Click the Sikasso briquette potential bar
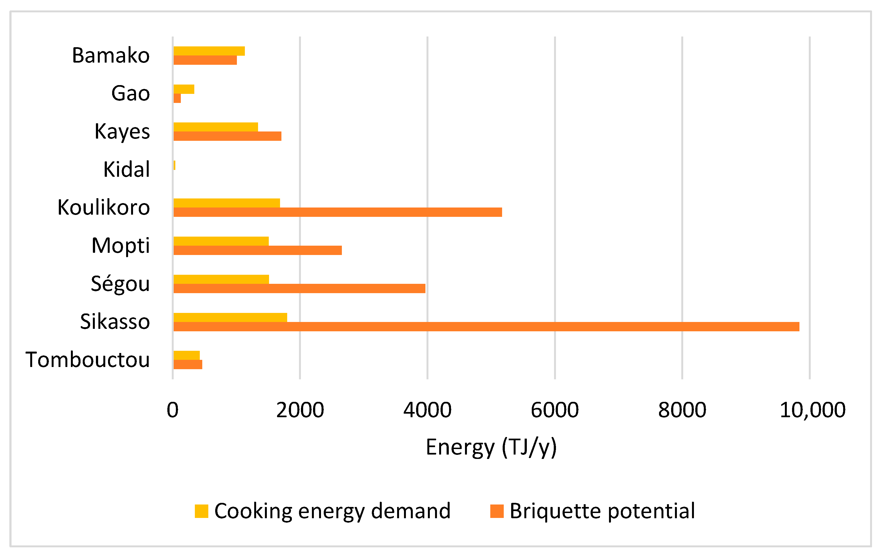tap(486, 326)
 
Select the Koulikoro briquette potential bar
tap(337, 212)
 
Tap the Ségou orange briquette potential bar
tap(299, 288)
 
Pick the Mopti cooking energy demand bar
tap(221, 241)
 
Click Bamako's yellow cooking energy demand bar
tap(209, 51)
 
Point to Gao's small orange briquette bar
tap(177, 98)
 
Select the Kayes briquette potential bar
tap(227, 136)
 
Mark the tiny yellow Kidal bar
tap(174, 165)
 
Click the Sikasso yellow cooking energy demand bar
tap(230, 317)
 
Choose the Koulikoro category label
tap(104, 207)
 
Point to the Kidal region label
tap(126, 169)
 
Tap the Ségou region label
tap(120, 284)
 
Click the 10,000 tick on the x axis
tap(812, 410)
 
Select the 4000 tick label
tap(427, 410)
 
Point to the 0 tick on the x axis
tap(173, 410)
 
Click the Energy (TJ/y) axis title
tap(491, 447)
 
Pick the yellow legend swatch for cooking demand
tap(201, 511)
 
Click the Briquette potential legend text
tap(602, 511)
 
